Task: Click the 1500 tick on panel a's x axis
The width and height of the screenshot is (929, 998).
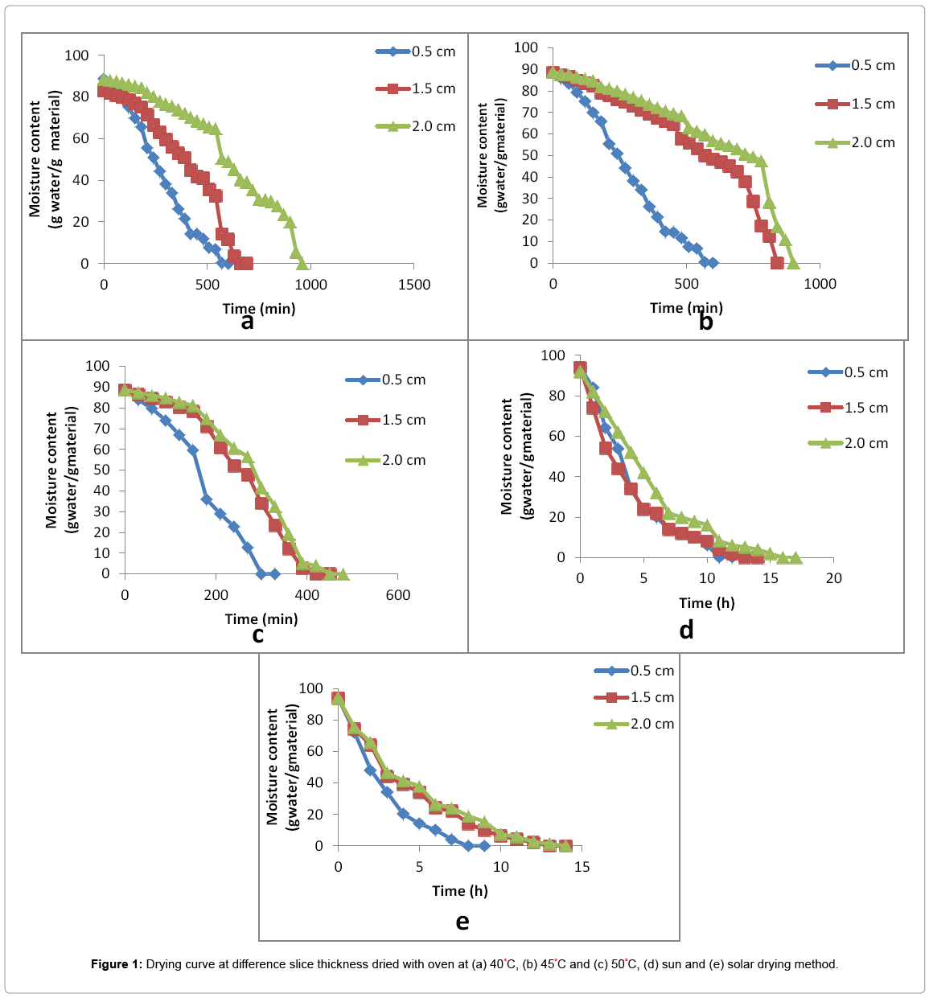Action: tap(413, 285)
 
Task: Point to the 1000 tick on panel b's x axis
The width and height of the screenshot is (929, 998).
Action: tap(820, 284)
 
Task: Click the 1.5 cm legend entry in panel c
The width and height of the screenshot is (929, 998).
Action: tap(386, 420)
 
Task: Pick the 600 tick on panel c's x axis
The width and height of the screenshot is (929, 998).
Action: tap(397, 595)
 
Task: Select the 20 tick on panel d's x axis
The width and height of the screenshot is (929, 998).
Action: tap(833, 578)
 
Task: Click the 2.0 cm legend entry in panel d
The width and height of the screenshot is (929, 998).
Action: tap(849, 443)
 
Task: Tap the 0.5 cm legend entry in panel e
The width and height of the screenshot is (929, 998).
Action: tap(635, 671)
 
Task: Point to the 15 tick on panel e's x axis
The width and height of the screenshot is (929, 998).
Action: tap(582, 867)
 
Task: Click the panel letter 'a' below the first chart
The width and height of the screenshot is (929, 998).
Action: tap(247, 322)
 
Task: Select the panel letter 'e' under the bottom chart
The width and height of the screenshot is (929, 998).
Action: tap(462, 922)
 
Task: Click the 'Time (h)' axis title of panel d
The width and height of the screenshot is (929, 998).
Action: tap(706, 603)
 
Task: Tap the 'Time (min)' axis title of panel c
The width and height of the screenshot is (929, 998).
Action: tap(261, 618)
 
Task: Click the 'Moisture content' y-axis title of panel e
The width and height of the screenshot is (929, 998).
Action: tap(273, 766)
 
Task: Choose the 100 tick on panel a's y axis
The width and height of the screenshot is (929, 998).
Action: tap(76, 55)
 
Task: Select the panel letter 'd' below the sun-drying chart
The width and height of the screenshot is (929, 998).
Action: tap(686, 630)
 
